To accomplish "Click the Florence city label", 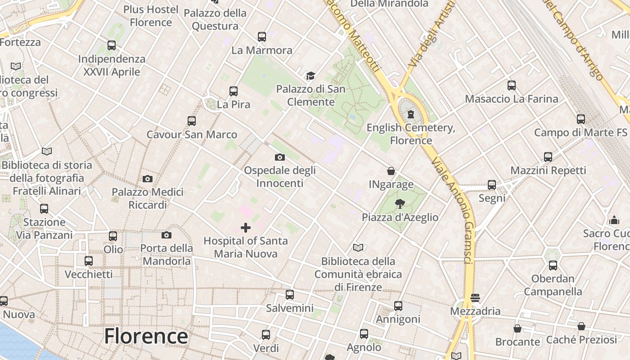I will pos(146,336).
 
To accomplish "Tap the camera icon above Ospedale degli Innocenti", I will pos(280,157).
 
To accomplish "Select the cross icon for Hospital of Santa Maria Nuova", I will pos(246,227).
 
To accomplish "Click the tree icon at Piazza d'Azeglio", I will pos(400,204).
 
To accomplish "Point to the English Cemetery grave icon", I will pos(410,114).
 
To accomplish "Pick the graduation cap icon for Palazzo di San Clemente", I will pos(310,76).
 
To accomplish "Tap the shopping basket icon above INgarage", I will pos(391,171).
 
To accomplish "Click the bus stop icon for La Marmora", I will pos(262,37).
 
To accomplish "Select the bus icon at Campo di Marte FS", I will pos(581,119).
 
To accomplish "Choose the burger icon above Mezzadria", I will pos(475,297).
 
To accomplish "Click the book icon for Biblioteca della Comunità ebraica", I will pos(358,247).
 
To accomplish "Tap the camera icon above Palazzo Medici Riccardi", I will pos(148,179).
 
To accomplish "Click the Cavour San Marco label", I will pos(192,135).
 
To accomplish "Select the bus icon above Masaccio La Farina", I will pos(512,85).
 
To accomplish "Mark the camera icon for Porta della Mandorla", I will pos(166,235).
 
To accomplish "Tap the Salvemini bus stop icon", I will pos(290,295).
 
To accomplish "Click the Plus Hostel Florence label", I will pos(151,16).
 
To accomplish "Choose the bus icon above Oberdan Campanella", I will pos(553,265).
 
